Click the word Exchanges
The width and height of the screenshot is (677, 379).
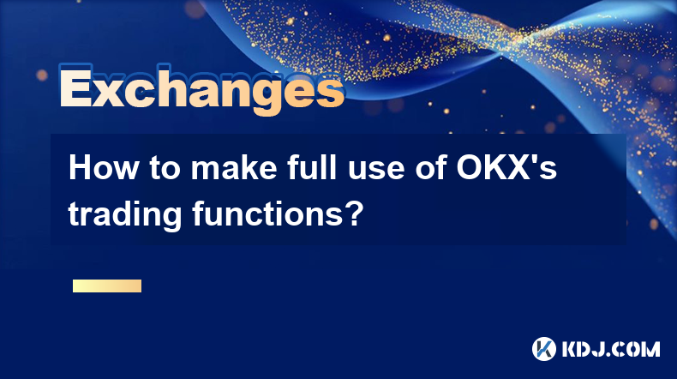click(201, 89)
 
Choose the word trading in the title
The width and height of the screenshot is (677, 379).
click(125, 214)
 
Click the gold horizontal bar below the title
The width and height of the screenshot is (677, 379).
click(107, 286)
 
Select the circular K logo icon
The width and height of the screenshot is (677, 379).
click(544, 349)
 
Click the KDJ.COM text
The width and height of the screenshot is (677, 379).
click(611, 349)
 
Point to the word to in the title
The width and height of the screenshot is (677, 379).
click(165, 169)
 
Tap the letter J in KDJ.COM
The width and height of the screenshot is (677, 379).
click(599, 349)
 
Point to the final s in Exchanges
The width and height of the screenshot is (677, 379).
click(331, 92)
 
